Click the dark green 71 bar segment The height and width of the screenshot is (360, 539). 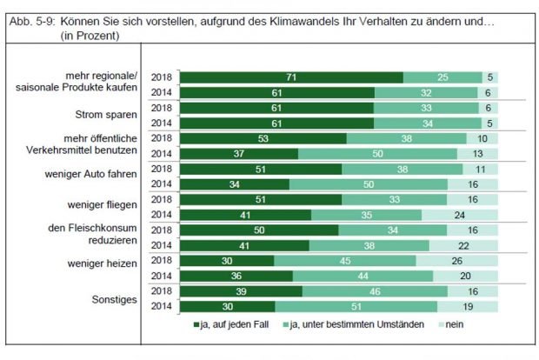[x=290, y=77]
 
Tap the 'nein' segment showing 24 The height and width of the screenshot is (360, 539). [x=460, y=215]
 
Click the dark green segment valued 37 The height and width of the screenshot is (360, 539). [x=236, y=154]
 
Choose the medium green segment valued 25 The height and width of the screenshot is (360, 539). [x=443, y=77]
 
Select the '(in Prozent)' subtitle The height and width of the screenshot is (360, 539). [x=90, y=36]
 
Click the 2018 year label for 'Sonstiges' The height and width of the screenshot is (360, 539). [x=161, y=291]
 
